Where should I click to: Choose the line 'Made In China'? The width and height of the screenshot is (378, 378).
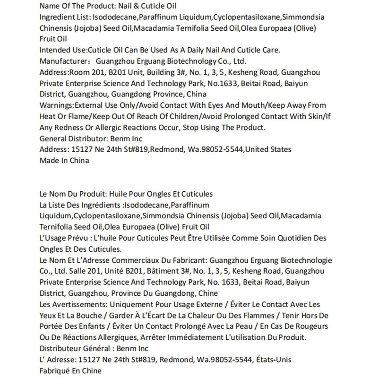coord(65,160)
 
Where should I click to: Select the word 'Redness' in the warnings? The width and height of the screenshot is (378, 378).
coord(68,127)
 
